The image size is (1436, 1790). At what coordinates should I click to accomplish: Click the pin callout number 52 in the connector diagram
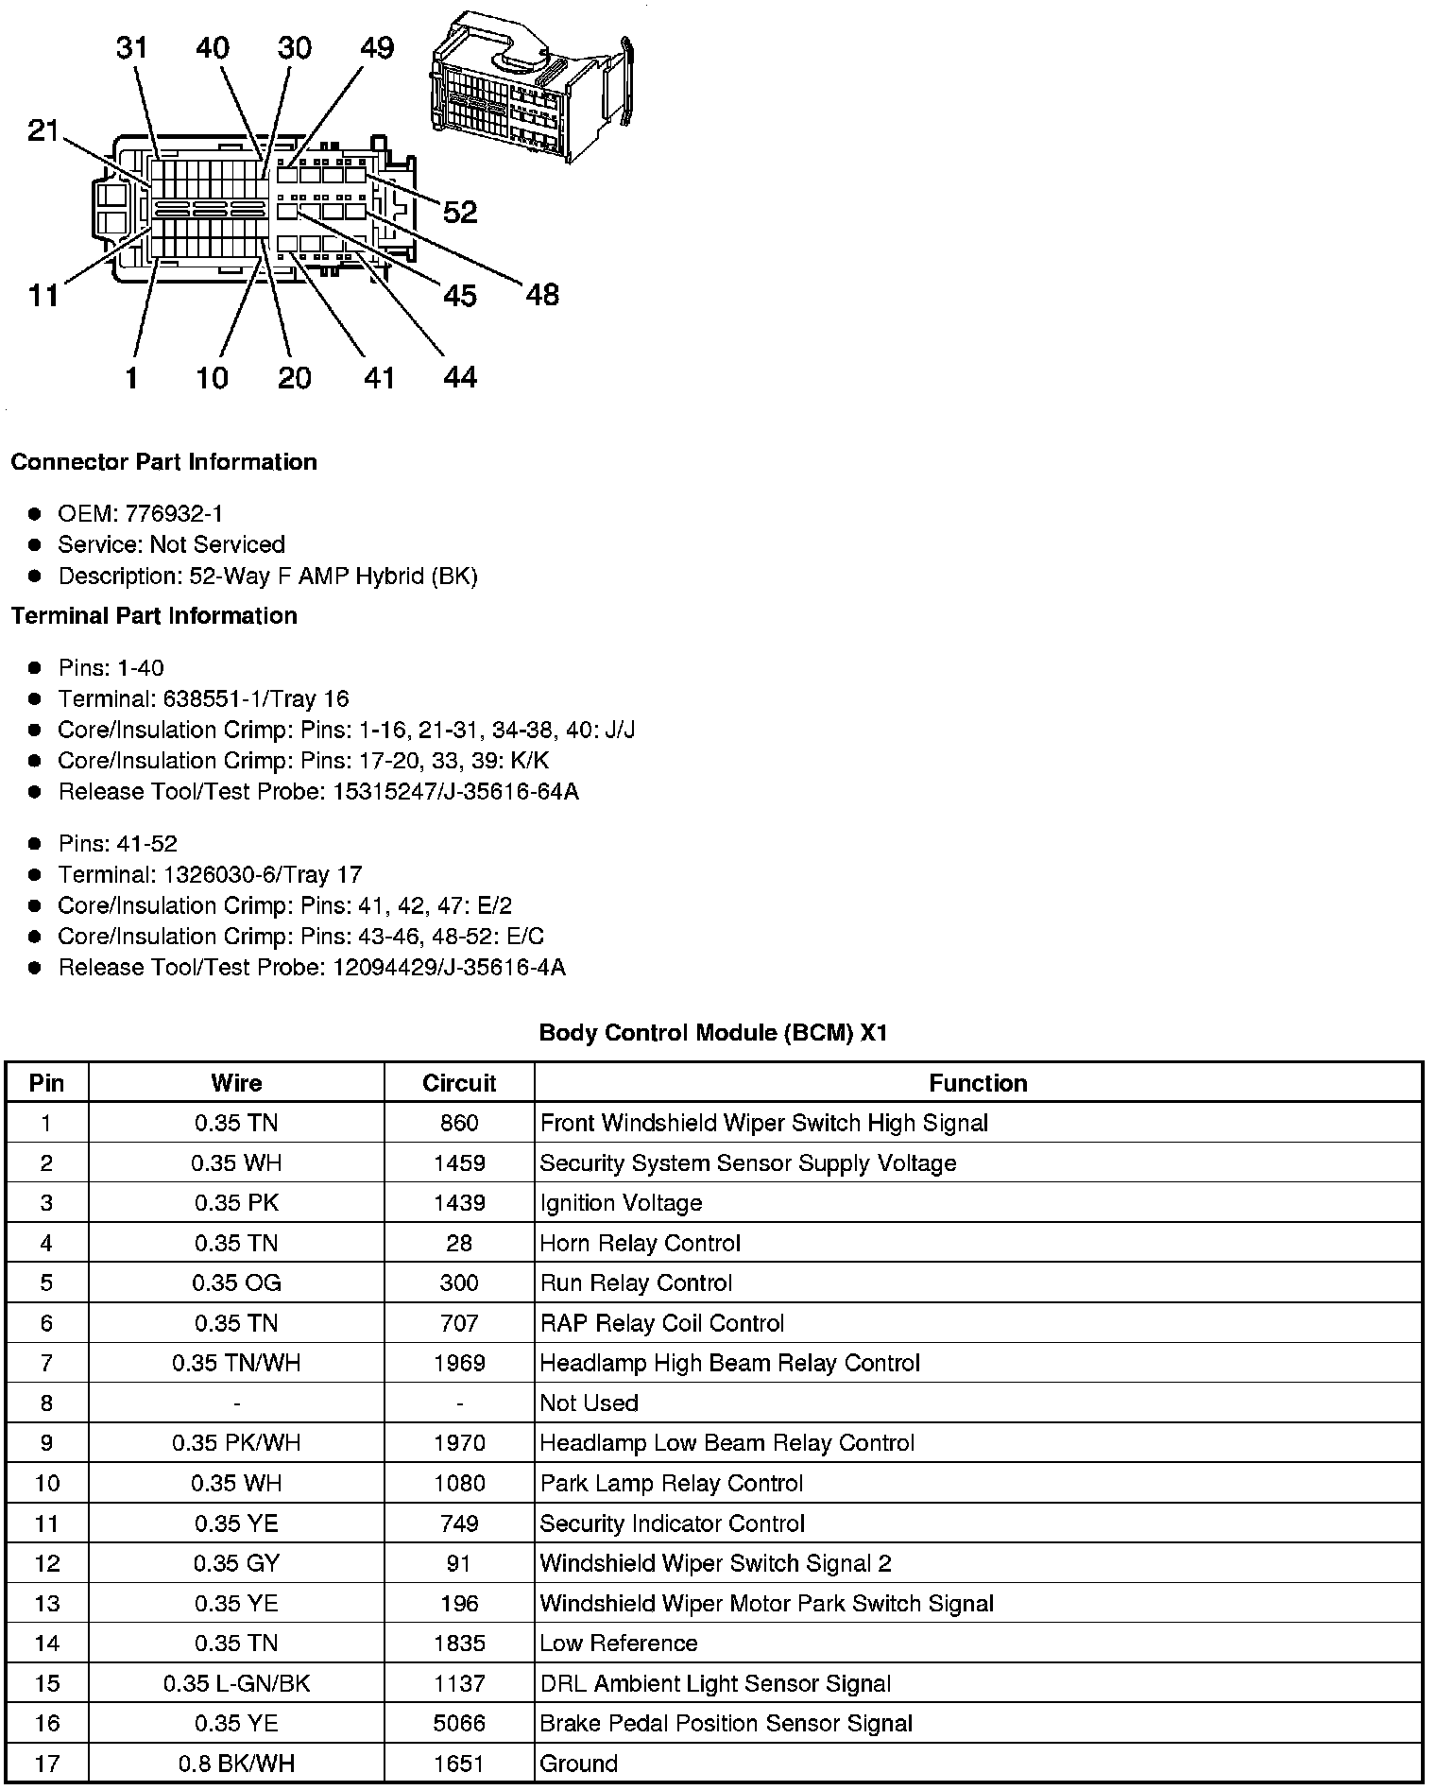point(460,213)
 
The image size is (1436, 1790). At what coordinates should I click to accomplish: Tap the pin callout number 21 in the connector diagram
point(43,130)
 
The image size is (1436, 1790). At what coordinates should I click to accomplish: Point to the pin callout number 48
point(542,295)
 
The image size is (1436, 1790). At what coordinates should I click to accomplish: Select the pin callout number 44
point(460,378)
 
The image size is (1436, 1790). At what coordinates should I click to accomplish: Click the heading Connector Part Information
point(163,462)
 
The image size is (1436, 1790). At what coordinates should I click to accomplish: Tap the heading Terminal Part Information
point(154,616)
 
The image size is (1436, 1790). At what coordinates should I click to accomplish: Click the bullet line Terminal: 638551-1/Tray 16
point(203,699)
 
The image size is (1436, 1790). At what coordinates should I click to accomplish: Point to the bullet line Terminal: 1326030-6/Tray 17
point(210,875)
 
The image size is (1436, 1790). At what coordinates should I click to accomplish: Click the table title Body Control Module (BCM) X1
point(713,1033)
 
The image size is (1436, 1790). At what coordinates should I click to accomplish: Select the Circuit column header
point(459,1083)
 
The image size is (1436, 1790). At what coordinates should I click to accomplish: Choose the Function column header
point(978,1083)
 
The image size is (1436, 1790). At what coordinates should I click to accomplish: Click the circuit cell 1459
point(459,1163)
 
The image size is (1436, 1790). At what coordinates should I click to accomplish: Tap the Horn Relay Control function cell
point(641,1244)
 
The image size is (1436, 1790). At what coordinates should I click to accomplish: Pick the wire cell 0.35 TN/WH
point(236,1364)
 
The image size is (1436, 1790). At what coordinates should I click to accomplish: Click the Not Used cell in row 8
point(590,1403)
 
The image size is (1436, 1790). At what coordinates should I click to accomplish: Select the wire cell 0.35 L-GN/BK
point(236,1684)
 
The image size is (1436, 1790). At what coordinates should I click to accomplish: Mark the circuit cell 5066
point(459,1724)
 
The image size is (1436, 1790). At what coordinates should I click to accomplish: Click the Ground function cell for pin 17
point(579,1764)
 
